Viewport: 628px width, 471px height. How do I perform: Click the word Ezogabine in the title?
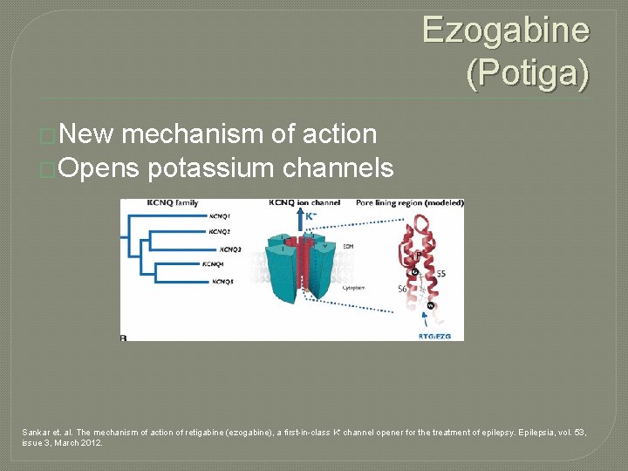point(506,31)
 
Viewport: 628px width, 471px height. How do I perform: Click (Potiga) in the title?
point(528,72)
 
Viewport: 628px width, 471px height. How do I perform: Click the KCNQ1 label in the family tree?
point(220,215)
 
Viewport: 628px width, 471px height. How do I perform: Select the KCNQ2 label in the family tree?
point(220,232)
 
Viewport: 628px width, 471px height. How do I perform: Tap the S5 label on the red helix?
point(441,274)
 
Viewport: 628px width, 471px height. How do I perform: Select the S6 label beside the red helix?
point(403,288)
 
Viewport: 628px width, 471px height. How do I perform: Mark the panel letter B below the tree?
point(124,335)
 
